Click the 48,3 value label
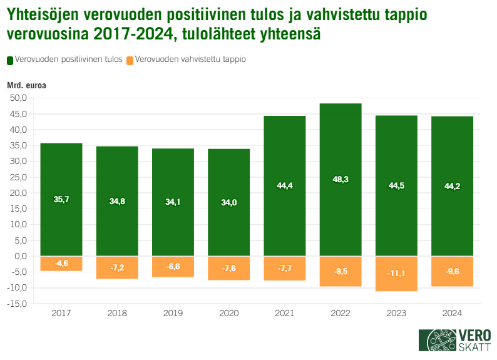(341, 180)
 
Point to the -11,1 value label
(396, 274)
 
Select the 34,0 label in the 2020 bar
(228, 202)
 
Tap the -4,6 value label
(61, 263)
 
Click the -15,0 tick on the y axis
(17, 304)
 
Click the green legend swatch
(10, 60)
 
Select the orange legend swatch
(130, 60)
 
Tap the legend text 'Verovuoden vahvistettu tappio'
(190, 60)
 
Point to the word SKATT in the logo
(474, 347)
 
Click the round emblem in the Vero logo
(438, 341)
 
